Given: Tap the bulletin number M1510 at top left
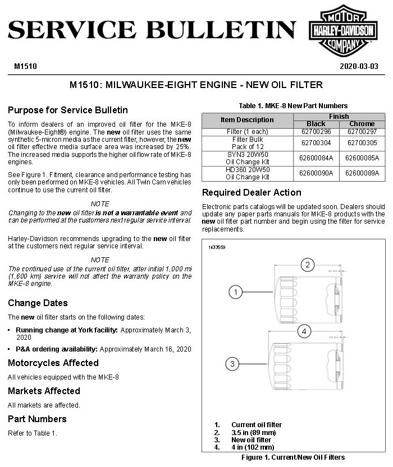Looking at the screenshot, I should pos(25,66).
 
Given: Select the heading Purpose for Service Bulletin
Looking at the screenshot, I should pos(68,110).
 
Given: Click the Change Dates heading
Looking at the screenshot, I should pos(38,303).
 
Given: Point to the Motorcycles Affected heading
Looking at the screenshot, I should pos(53,363).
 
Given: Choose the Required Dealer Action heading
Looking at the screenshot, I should pos(252,192).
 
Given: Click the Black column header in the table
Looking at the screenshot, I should pos(316,124).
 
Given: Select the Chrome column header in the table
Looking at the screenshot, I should pos(362,124).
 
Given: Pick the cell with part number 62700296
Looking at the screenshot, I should pos(316,132).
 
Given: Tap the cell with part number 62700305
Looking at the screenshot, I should pos(362,143).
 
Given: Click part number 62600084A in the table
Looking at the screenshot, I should pos(316,158).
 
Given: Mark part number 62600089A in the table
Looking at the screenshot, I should pos(362,173).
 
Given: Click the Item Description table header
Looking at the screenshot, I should pos(247,120).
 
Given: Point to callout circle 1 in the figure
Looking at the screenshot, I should pos(236,292).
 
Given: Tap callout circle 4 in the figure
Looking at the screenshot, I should pos(304,331).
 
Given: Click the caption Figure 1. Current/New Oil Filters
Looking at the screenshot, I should pos(293,457).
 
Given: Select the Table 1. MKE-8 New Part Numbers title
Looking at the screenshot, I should pos(293,105).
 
